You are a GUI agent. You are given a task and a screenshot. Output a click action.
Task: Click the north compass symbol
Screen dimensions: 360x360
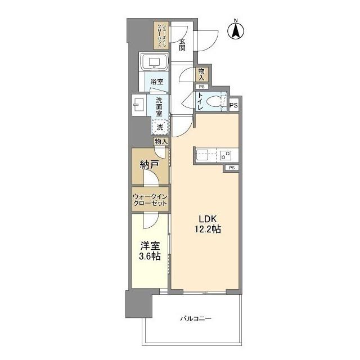coord(236,30)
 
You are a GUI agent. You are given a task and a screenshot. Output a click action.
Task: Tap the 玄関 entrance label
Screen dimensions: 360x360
coord(182,44)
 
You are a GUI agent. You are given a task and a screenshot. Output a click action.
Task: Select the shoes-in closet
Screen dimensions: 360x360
coord(161,35)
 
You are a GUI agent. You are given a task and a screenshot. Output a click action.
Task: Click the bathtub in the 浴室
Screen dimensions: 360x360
coord(154,61)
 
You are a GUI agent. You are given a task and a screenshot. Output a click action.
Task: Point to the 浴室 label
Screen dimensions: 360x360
coord(157,82)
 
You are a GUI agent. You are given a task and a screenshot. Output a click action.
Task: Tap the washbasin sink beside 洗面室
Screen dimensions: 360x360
coord(139,105)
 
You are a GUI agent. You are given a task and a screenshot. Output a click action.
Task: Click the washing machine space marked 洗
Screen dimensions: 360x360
coord(160,127)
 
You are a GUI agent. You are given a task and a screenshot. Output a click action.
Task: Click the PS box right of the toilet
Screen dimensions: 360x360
coord(234,105)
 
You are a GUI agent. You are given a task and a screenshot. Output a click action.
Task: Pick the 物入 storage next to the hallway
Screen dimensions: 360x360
coord(201,74)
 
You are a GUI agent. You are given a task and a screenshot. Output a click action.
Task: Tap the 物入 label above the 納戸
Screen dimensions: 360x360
coord(161,141)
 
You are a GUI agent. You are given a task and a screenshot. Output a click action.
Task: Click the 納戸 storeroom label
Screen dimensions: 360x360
coord(150,165)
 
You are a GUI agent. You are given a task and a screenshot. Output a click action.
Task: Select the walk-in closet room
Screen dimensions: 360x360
coord(150,200)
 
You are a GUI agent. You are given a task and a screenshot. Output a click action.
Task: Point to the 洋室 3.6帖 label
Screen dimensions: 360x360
coord(150,251)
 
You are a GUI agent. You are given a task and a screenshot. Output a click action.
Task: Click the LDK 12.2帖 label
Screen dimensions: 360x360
coord(208,224)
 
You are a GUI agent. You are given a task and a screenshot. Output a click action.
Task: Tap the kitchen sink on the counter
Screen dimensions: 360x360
coord(202,155)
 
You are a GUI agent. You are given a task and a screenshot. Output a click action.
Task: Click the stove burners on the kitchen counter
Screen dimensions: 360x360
coord(226,156)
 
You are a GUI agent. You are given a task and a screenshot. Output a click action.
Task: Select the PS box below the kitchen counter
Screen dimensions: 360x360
coord(232,168)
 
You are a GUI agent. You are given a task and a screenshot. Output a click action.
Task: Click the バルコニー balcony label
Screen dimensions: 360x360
coord(196,318)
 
